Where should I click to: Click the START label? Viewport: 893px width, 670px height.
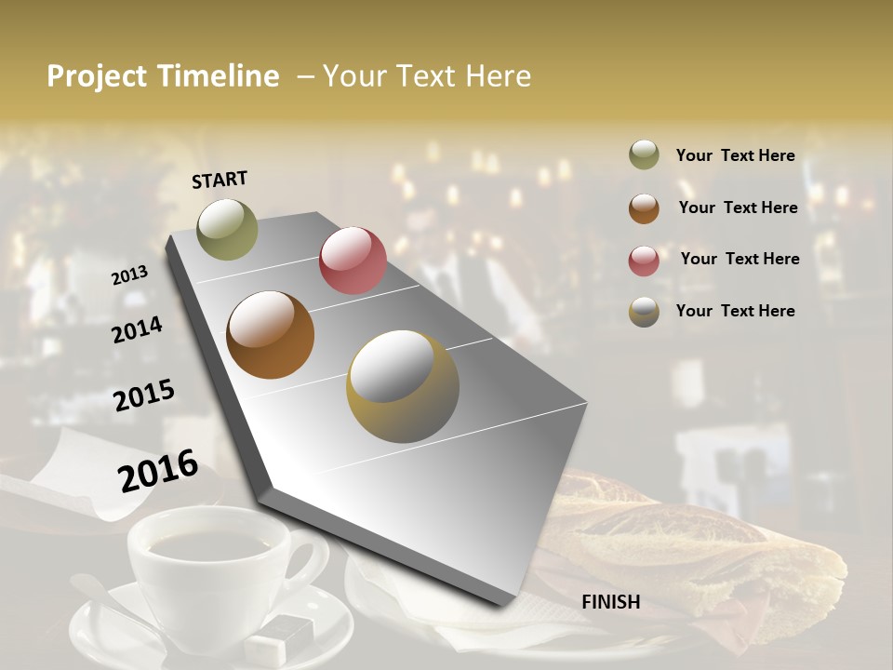pos(220,180)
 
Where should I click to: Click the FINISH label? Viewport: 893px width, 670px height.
pos(610,602)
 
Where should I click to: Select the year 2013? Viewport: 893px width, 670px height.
pos(129,275)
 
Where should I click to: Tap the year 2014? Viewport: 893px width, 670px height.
pos(137,329)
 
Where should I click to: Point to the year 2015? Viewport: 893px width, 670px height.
pos(143,395)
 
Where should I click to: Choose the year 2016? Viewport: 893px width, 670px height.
pos(158,471)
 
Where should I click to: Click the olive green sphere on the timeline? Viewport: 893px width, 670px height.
pos(227,229)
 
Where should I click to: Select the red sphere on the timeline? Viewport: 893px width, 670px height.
pos(353,261)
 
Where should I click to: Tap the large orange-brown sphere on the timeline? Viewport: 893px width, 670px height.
pos(271,335)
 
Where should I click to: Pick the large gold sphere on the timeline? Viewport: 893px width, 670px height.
pos(403,386)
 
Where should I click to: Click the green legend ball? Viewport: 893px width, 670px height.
pos(644,155)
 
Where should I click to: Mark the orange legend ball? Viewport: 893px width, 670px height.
pos(644,208)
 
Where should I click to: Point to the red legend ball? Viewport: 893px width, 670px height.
pos(644,261)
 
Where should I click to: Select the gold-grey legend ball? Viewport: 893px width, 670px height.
pos(644,312)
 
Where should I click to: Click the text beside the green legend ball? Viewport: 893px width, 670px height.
pos(735,156)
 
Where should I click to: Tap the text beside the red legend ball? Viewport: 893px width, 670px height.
pos(740,259)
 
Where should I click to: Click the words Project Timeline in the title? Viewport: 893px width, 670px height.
pos(163,76)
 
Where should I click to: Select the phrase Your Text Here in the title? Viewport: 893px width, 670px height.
pos(427,76)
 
